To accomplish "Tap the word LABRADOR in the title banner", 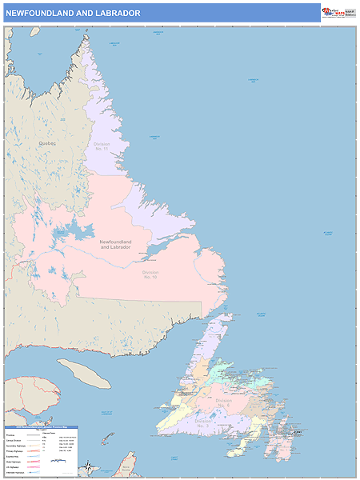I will click(120, 14).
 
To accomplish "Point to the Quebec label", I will click(47, 143).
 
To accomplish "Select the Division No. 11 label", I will click(101, 146).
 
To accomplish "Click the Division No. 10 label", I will click(150, 274).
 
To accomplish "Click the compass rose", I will click(90, 466).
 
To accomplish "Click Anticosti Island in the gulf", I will click(84, 372).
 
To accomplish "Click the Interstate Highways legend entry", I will click(16, 473).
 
